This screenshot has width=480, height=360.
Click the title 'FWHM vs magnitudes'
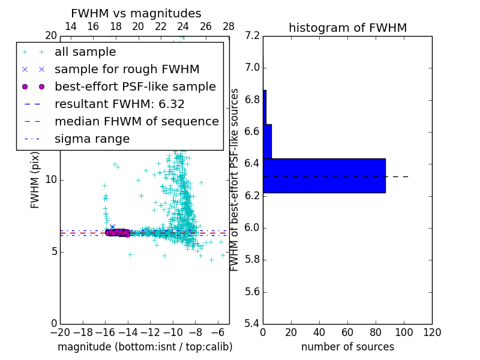click(136, 14)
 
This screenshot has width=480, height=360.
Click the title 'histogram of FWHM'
click(347, 28)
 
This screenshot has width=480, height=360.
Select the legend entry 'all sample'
click(85, 52)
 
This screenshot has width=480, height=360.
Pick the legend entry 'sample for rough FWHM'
click(127, 70)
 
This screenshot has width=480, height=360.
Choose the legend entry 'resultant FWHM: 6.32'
click(119, 104)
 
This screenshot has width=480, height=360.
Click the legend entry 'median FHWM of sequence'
click(136, 122)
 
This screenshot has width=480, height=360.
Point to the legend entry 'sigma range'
click(92, 139)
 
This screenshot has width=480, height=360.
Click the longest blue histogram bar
click(324, 176)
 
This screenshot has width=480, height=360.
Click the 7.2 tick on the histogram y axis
click(253, 35)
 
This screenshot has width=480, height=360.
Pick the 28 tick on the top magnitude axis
click(229, 26)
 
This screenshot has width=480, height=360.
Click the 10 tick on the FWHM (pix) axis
click(50, 180)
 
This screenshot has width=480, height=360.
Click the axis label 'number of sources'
click(347, 347)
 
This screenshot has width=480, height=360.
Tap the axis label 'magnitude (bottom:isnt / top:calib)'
click(145, 347)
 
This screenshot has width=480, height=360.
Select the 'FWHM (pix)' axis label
click(35, 180)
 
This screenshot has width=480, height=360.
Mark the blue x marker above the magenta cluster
click(112, 227)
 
